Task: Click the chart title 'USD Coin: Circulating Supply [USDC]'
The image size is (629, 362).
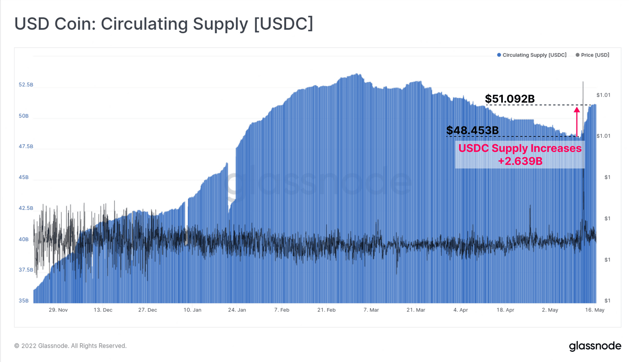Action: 164,24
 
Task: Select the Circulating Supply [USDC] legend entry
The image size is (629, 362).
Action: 532,55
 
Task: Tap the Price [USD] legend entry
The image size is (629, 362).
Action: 592,55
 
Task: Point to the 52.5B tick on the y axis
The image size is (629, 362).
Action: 26,85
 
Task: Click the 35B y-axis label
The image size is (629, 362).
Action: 24,301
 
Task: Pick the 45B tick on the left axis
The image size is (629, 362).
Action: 24,177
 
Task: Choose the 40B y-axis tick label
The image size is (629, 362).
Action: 24,239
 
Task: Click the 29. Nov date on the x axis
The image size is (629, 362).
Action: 58,310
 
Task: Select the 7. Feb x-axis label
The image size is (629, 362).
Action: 281,310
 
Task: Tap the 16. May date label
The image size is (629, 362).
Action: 595,310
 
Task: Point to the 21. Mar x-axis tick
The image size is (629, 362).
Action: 416,310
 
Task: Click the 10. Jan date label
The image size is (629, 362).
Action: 192,310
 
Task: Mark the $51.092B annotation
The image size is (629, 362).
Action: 509,99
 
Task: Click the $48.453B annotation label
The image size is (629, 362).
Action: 472,130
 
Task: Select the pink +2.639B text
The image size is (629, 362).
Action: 520,161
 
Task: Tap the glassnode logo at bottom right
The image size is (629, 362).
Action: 595,346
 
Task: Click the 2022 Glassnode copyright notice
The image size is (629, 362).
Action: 70,346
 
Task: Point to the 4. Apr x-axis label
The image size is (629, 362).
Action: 460,310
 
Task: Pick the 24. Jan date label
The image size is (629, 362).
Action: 237,310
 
